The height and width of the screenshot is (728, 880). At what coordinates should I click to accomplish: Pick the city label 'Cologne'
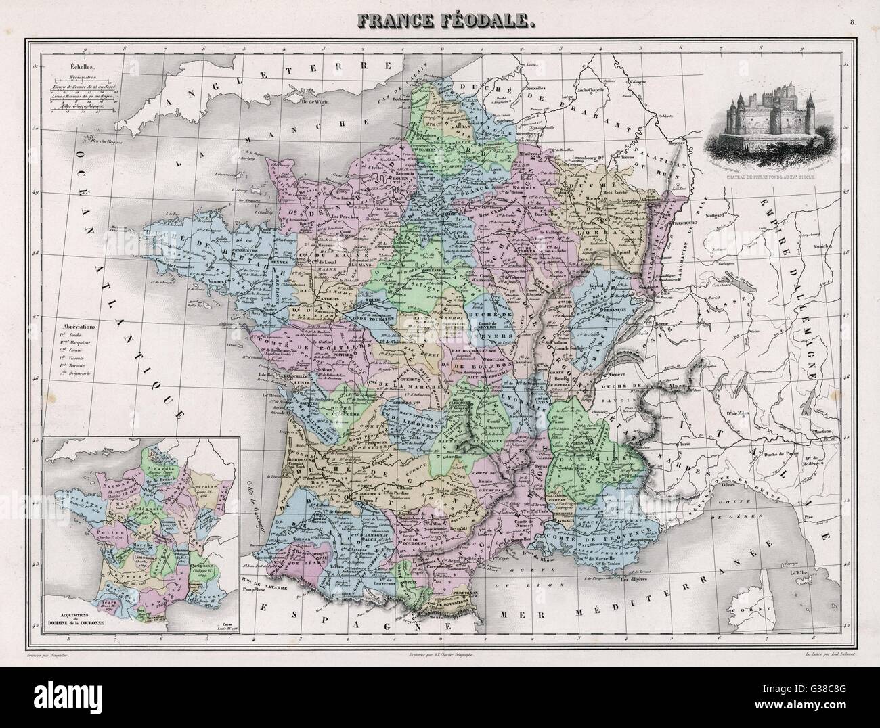coord(641,83)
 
